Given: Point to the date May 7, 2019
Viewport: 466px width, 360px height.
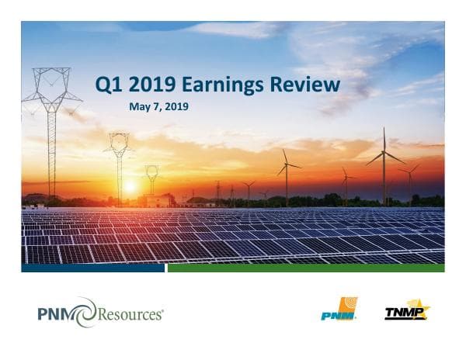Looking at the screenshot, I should (x=158, y=106).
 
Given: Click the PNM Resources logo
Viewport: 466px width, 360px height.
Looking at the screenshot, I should (x=100, y=313).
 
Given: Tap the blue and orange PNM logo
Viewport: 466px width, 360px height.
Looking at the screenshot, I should (x=339, y=310).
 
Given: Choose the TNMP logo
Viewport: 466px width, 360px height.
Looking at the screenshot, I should (x=406, y=312).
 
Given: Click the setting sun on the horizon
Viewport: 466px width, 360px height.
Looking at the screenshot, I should (x=130, y=186).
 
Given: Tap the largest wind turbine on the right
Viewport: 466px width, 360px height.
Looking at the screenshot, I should (x=384, y=163).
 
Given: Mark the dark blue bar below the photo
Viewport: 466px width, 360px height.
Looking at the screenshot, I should (x=93, y=268).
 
